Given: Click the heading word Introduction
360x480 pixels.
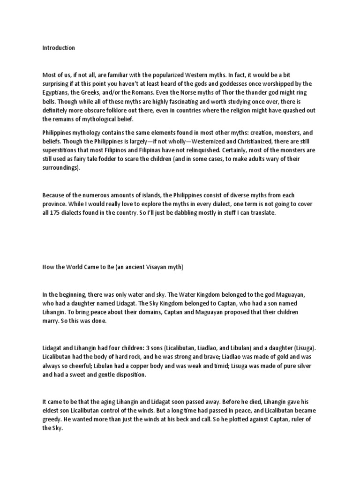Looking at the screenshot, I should (x=59, y=48).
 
